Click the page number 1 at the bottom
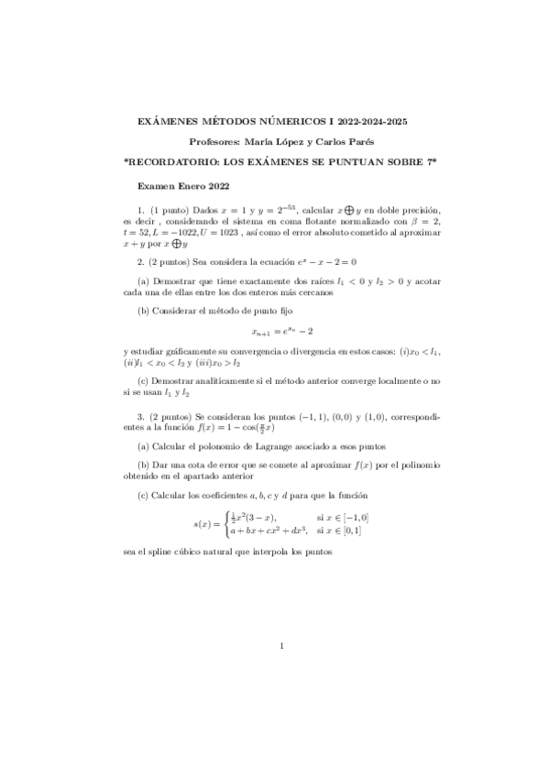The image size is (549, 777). tap(281, 648)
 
